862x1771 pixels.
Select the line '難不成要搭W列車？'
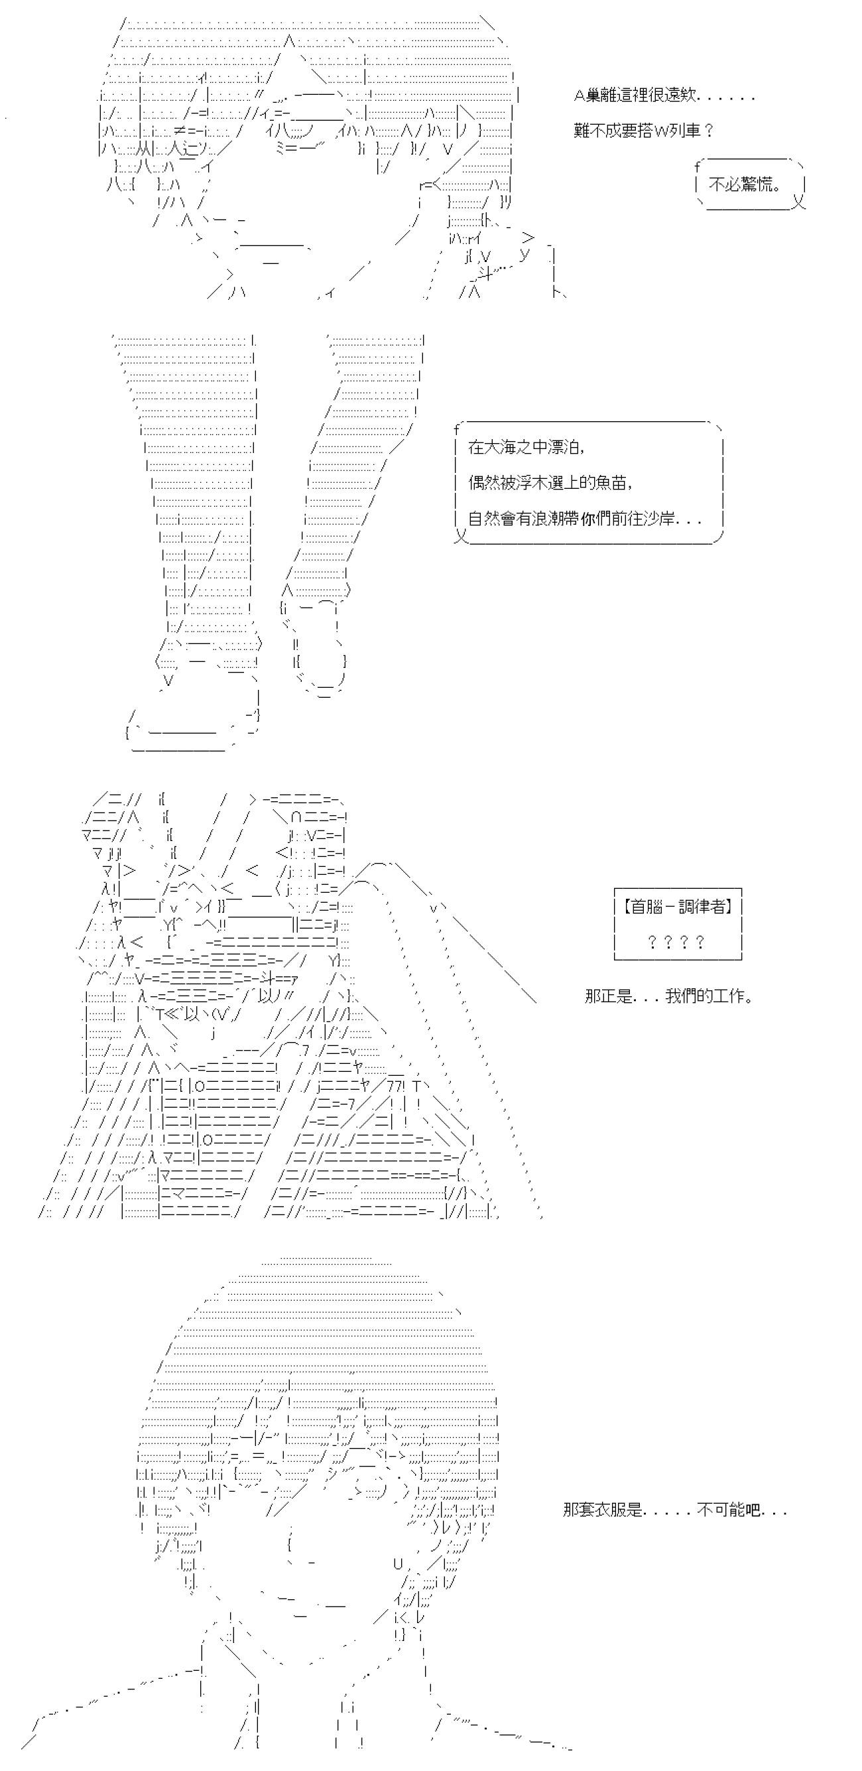click(643, 131)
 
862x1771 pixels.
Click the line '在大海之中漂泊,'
click(526, 447)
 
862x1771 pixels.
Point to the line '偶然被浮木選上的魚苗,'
click(550, 483)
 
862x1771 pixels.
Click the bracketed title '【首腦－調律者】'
click(678, 906)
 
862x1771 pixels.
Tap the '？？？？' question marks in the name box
click(676, 942)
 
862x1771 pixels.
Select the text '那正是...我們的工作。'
click(668, 996)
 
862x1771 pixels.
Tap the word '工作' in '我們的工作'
click(729, 996)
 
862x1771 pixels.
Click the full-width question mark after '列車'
click(709, 131)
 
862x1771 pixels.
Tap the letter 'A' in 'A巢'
click(579, 96)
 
